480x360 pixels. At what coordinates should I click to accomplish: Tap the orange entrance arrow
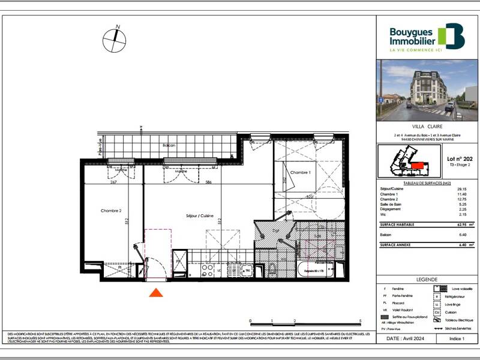[x=156, y=292]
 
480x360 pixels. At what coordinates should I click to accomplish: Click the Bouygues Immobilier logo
[x=427, y=37]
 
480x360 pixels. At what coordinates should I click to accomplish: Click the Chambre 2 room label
[x=112, y=211]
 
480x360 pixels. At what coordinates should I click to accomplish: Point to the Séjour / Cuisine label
[x=199, y=215]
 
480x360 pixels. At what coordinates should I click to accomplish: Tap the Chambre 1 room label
[x=301, y=173]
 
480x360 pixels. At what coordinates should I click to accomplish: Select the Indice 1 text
[x=457, y=339]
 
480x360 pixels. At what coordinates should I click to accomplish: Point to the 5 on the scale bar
[x=360, y=321]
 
